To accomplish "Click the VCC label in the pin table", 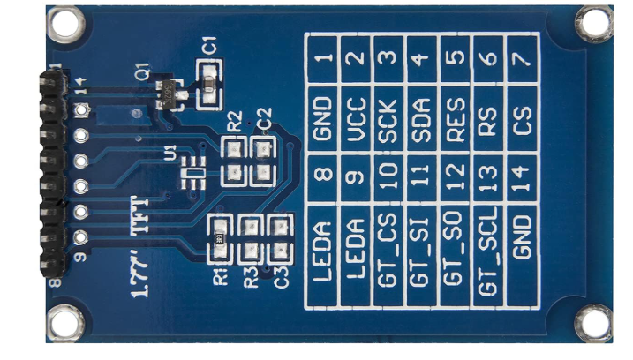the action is (356, 119).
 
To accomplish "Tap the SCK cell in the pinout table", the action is (388, 120).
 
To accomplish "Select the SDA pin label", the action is (421, 120).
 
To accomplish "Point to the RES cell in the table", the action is (455, 119).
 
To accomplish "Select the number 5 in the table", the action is (456, 56).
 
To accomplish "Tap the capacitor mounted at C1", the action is (208, 86).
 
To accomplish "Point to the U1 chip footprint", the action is (193, 173).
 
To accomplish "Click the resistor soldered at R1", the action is (220, 238).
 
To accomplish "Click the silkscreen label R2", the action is (235, 122).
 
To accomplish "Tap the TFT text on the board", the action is (139, 214).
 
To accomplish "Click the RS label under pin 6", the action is (488, 120).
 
